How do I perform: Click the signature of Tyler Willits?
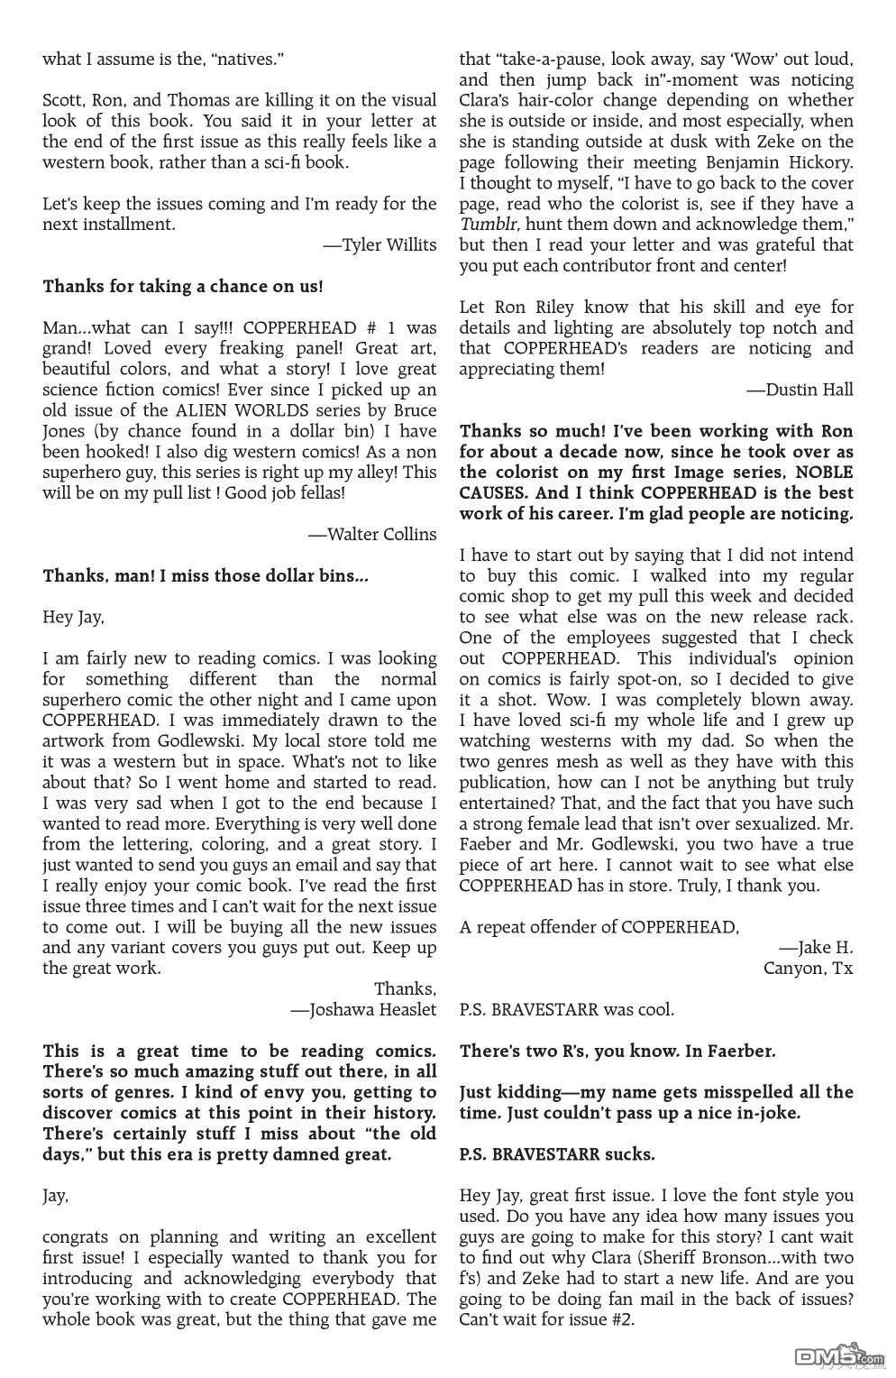coord(379,244)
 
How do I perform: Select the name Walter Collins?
coord(372,534)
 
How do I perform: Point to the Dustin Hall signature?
coord(800,389)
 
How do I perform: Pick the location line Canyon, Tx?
coord(808,968)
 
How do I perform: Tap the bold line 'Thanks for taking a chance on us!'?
coord(183,286)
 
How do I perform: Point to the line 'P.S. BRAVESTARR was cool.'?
coord(566,1009)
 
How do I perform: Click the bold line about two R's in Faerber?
coord(617,1051)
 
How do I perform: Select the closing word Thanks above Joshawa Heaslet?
coord(405,988)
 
